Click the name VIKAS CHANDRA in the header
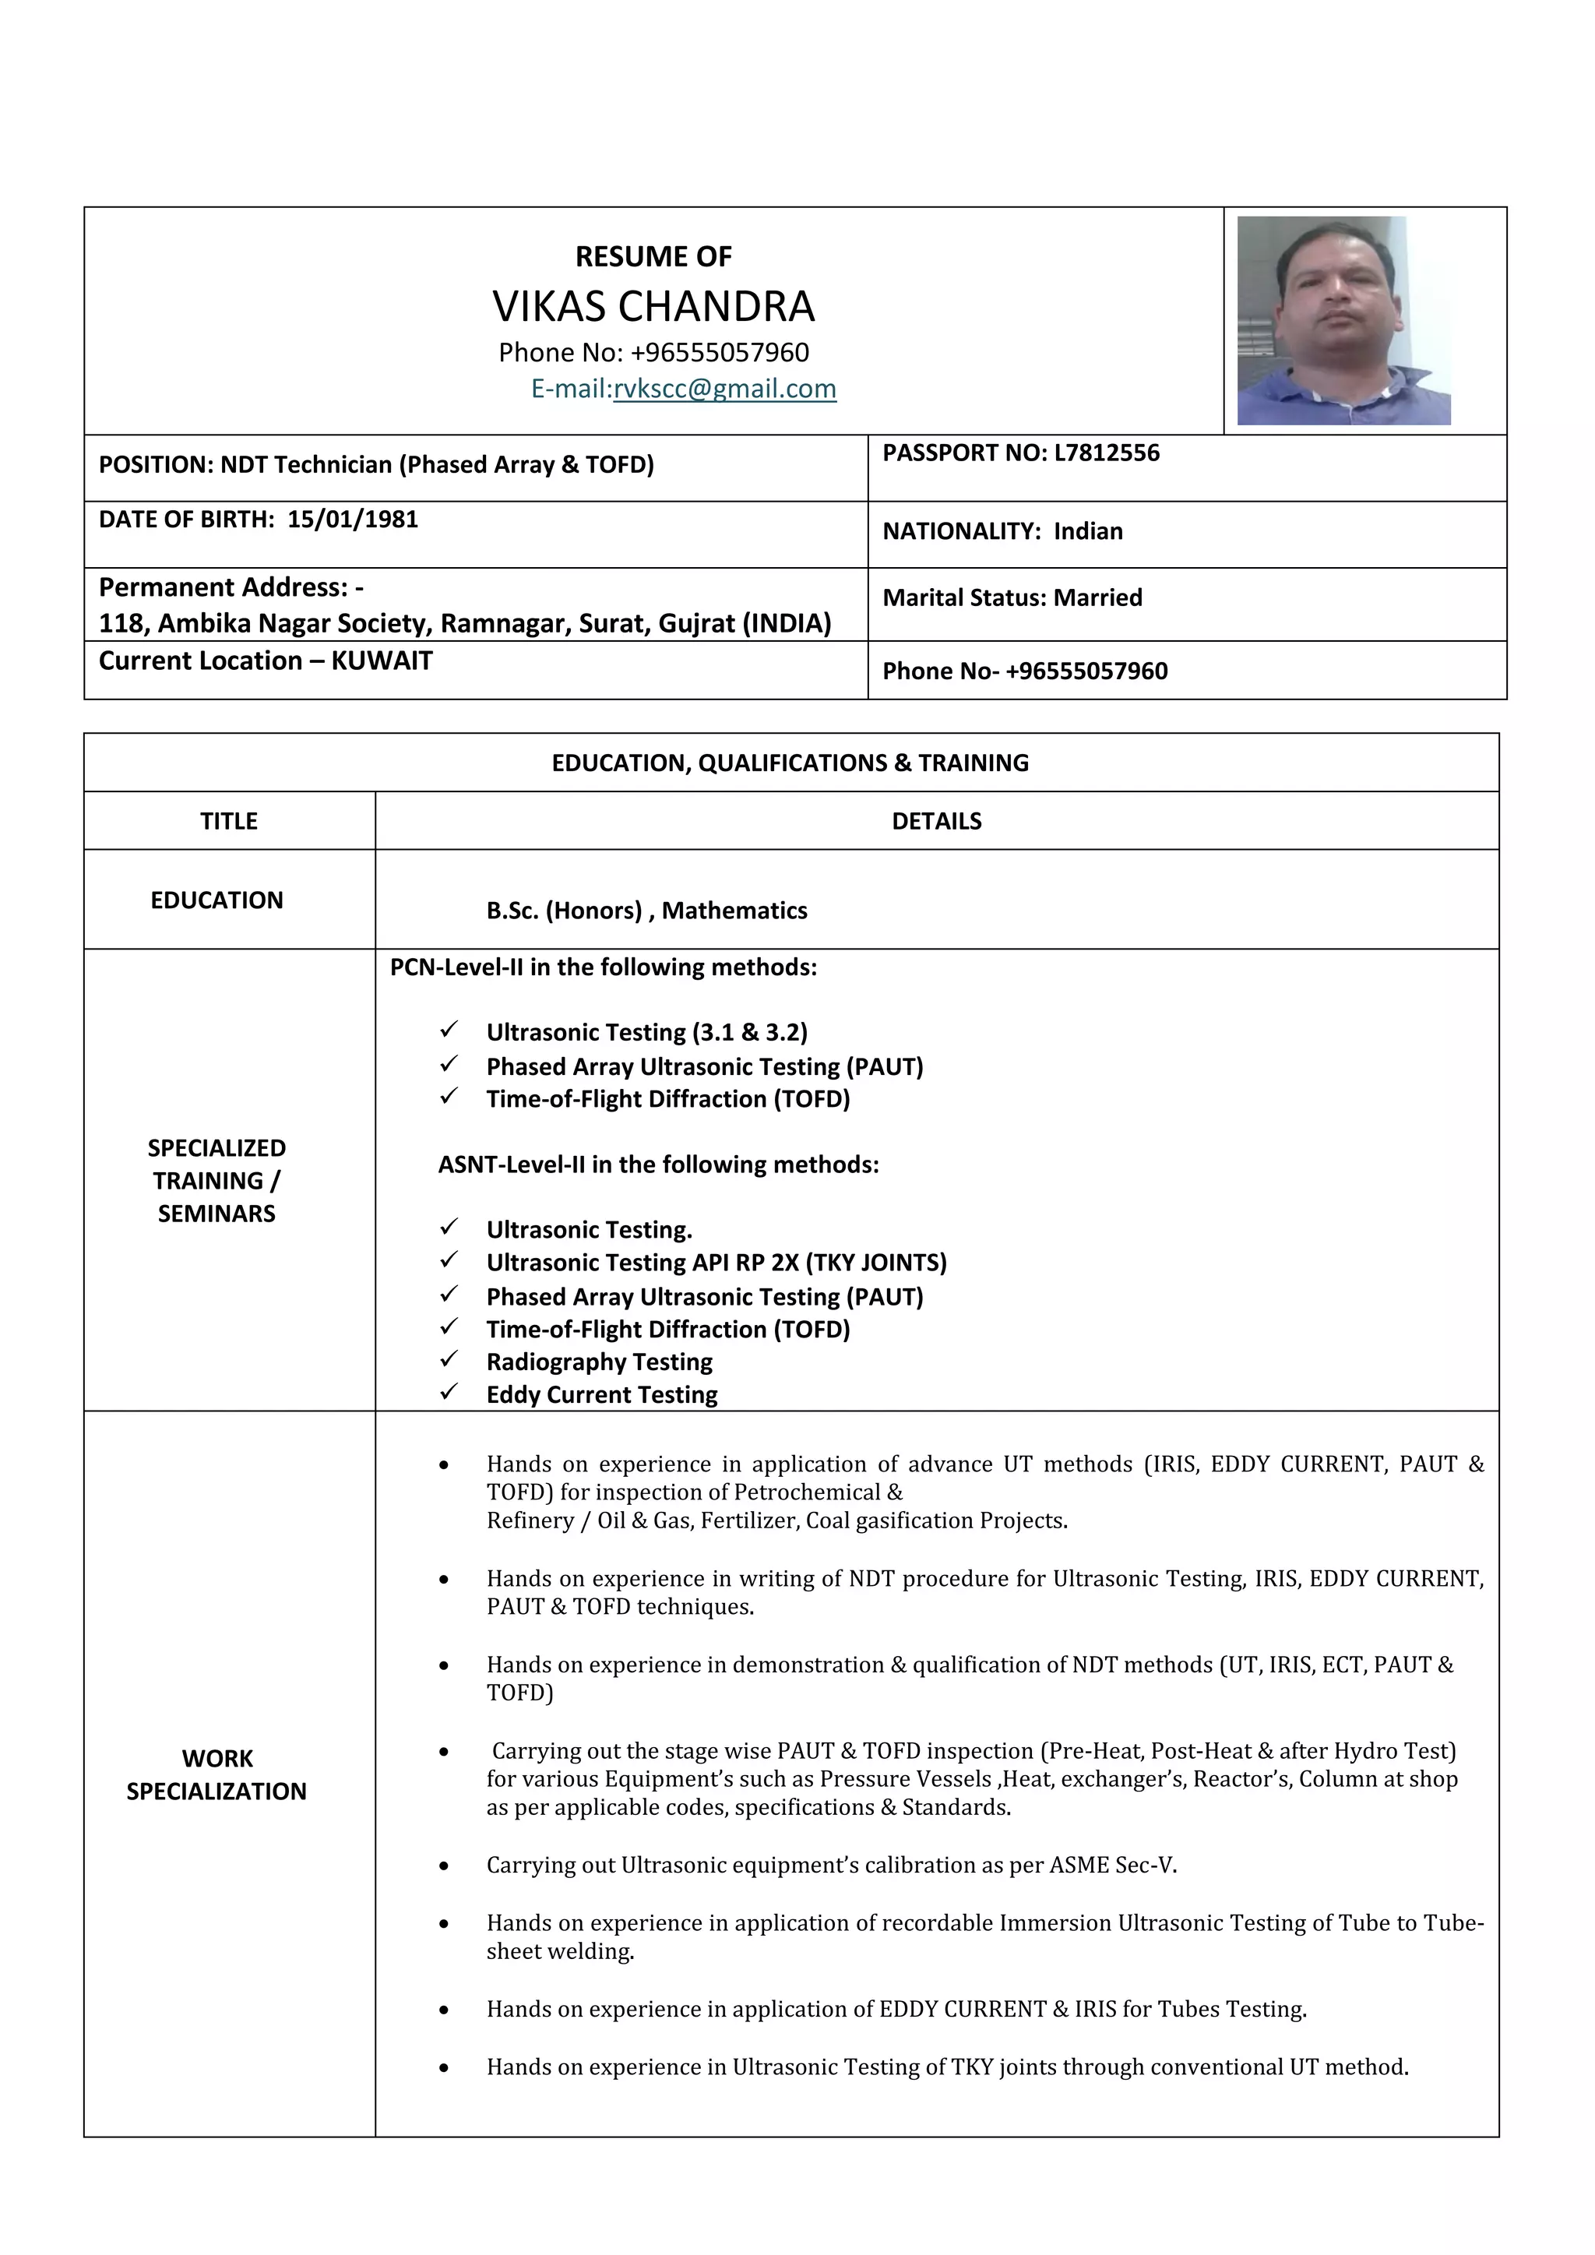653,306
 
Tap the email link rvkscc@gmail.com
725,389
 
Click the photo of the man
1343,320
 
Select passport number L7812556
1106,453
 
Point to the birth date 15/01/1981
353,520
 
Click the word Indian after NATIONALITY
1087,531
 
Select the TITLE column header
229,821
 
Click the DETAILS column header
936,821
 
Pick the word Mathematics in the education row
734,911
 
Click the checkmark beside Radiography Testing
449,1359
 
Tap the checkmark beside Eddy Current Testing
449,1392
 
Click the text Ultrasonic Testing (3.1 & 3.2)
646,1032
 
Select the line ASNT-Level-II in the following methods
658,1164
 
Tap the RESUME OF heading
653,256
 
